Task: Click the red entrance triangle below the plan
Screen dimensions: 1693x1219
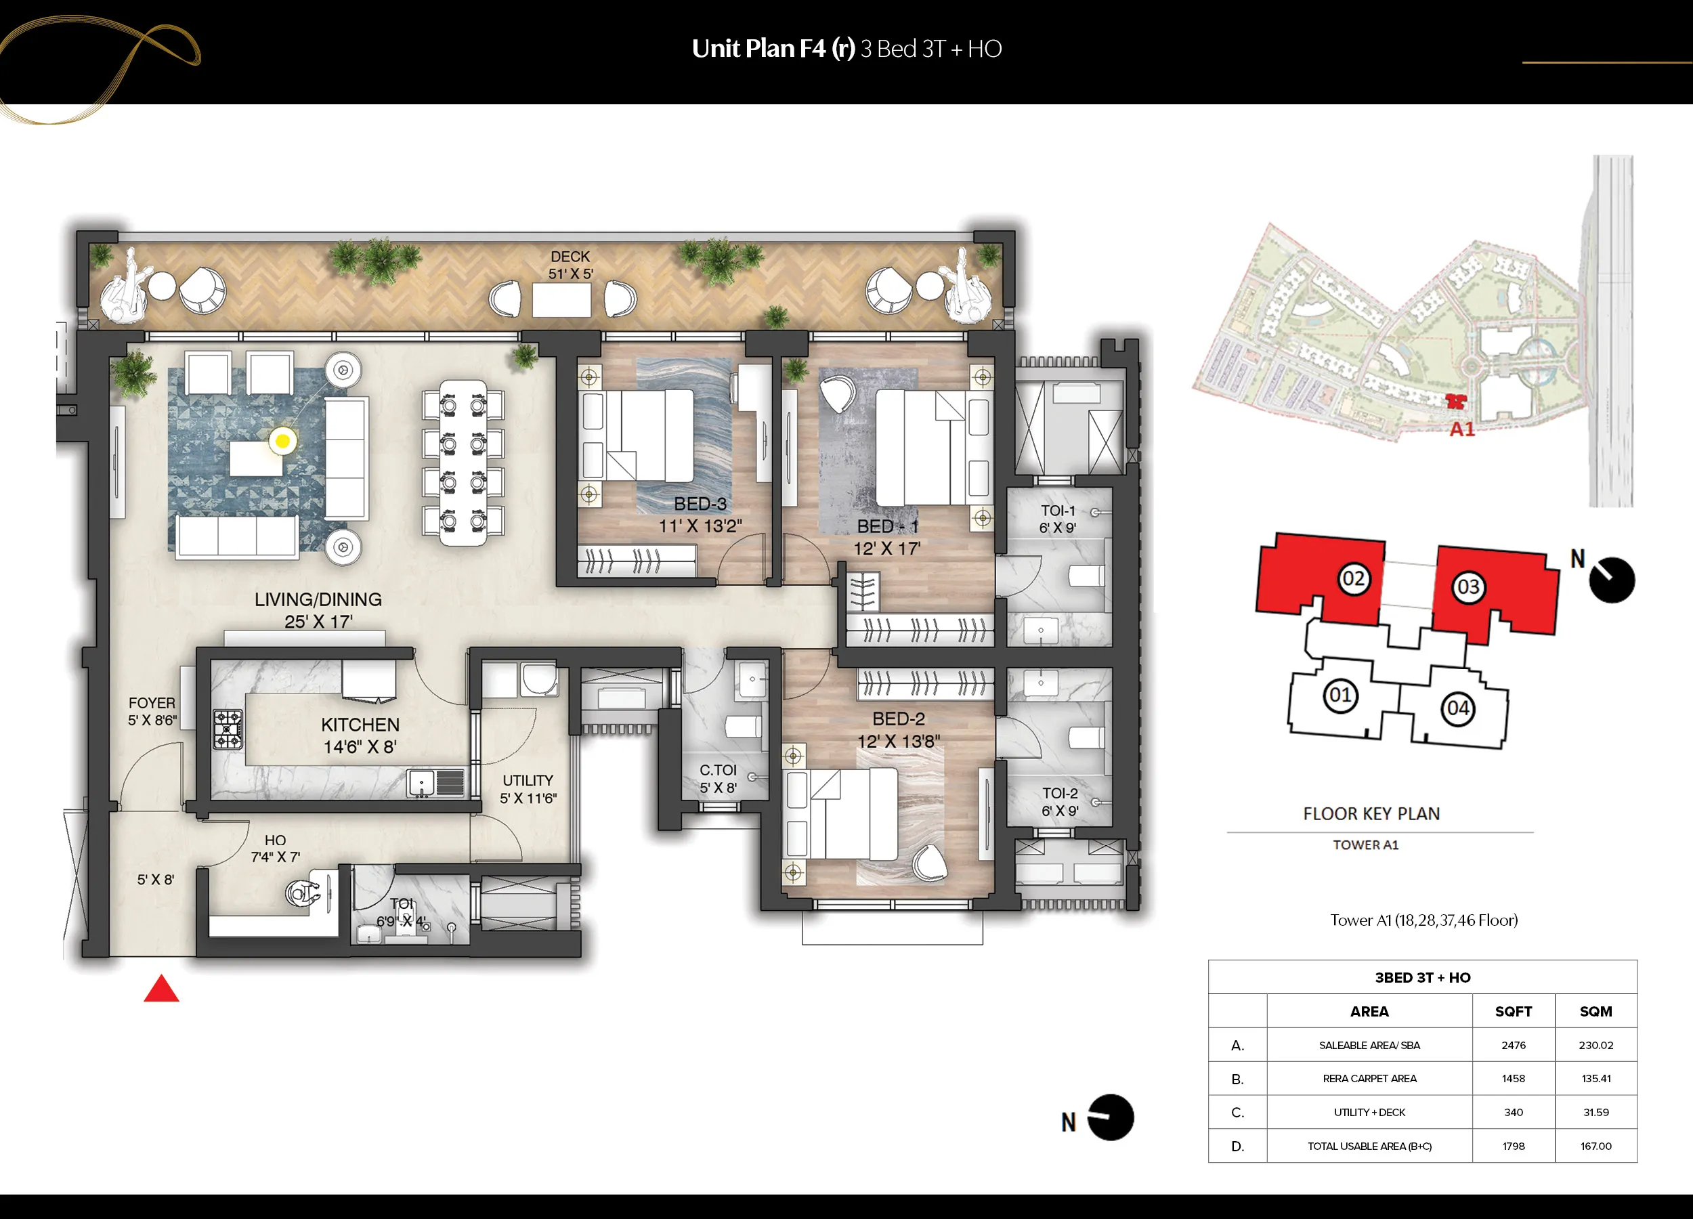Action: point(161,989)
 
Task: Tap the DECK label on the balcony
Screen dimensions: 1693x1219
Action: point(570,257)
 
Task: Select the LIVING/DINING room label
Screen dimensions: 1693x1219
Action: point(318,599)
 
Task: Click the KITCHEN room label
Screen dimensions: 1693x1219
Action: point(360,725)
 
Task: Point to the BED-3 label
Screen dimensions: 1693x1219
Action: point(700,504)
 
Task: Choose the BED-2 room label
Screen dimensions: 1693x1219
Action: point(899,719)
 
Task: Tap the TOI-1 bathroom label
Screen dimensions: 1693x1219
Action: point(1058,511)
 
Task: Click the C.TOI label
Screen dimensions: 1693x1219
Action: point(718,769)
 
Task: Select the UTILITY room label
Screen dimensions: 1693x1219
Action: point(528,780)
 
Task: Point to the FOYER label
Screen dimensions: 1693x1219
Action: point(152,703)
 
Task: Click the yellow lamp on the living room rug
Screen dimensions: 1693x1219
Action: point(282,441)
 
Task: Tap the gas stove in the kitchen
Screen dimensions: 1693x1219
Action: point(228,729)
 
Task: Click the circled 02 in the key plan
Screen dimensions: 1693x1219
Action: point(1353,578)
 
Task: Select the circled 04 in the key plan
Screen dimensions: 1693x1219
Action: point(1458,708)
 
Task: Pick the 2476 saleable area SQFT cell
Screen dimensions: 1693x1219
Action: point(1514,1045)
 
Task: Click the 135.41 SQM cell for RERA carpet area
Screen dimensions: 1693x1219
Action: point(1596,1079)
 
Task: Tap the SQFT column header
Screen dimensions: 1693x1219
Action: point(1514,1012)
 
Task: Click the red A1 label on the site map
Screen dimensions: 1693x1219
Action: point(1462,429)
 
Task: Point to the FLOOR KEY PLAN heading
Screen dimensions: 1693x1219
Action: point(1371,813)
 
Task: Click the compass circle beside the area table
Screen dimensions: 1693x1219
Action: point(1110,1117)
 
